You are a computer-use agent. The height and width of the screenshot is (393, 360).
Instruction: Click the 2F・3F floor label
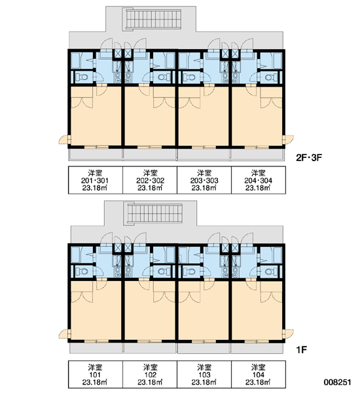pyautogui.click(x=309, y=158)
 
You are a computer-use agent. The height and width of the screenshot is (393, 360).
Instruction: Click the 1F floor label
pyautogui.click(x=302, y=350)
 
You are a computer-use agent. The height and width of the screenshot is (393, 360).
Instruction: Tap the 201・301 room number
pyautogui.click(x=95, y=181)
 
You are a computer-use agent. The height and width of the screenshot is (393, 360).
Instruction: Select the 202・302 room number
pyautogui.click(x=150, y=181)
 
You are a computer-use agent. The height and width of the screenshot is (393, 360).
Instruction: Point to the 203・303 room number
pyautogui.click(x=204, y=181)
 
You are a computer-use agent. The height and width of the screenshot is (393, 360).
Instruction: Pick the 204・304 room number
pyautogui.click(x=259, y=181)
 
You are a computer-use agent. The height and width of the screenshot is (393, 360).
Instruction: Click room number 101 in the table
pyautogui.click(x=95, y=375)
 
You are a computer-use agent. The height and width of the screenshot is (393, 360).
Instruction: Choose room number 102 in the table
pyautogui.click(x=150, y=375)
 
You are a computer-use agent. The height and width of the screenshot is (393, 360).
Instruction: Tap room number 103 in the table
pyautogui.click(x=204, y=375)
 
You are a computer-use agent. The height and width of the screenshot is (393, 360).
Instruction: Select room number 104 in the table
pyautogui.click(x=259, y=375)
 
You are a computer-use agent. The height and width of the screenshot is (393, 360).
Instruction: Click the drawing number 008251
pyautogui.click(x=338, y=383)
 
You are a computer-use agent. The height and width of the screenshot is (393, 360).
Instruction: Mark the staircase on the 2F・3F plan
pyautogui.click(x=152, y=19)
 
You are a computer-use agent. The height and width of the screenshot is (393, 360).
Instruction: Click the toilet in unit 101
pyautogui.click(x=81, y=271)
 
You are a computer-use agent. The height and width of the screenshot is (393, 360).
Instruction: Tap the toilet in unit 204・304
pyautogui.click(x=270, y=77)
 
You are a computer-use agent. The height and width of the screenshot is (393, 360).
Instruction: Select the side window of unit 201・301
pyautogui.click(x=65, y=140)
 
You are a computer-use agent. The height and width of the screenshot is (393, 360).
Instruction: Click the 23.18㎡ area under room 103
pyautogui.click(x=204, y=383)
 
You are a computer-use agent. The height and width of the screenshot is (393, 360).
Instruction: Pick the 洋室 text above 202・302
pyautogui.click(x=150, y=173)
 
